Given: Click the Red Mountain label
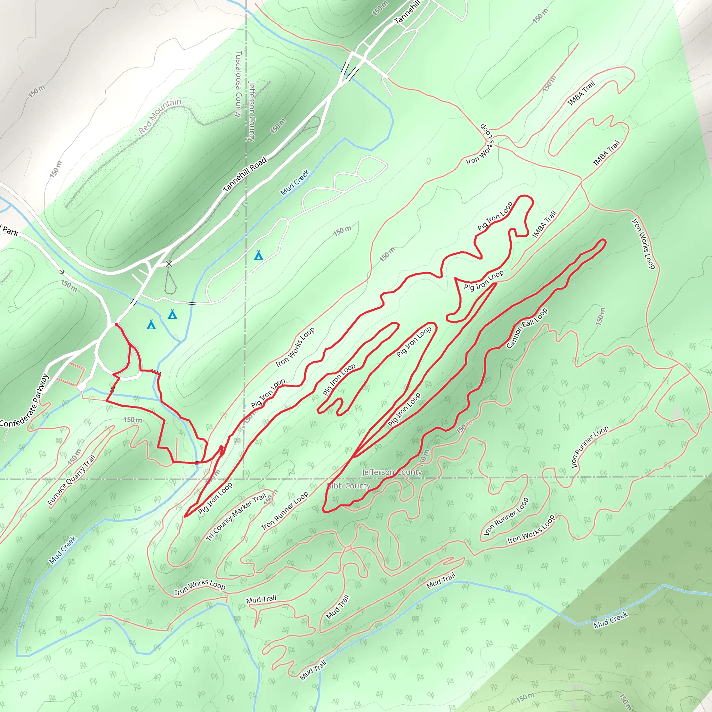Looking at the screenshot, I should pyautogui.click(x=160, y=116).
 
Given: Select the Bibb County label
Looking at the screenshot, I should pyautogui.click(x=349, y=486).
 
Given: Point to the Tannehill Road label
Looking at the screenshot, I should pyautogui.click(x=245, y=174).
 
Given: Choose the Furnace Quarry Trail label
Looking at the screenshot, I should pyautogui.click(x=72, y=480).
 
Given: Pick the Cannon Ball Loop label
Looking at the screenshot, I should pyautogui.click(x=527, y=328).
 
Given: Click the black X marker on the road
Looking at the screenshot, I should pyautogui.click(x=169, y=264).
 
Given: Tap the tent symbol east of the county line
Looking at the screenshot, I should pyautogui.click(x=259, y=256).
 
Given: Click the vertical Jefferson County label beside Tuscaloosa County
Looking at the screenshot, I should pyautogui.click(x=252, y=111).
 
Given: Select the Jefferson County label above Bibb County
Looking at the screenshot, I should pyautogui.click(x=391, y=472).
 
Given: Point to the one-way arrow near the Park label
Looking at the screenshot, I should pyautogui.click(x=62, y=272).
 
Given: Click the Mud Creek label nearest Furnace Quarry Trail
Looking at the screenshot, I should pyautogui.click(x=63, y=550).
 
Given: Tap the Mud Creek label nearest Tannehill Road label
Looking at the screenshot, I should pyautogui.click(x=294, y=182).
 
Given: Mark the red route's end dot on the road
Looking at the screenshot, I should pyautogui.click(x=116, y=324).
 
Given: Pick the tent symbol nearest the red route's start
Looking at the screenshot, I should pyautogui.click(x=151, y=325).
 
